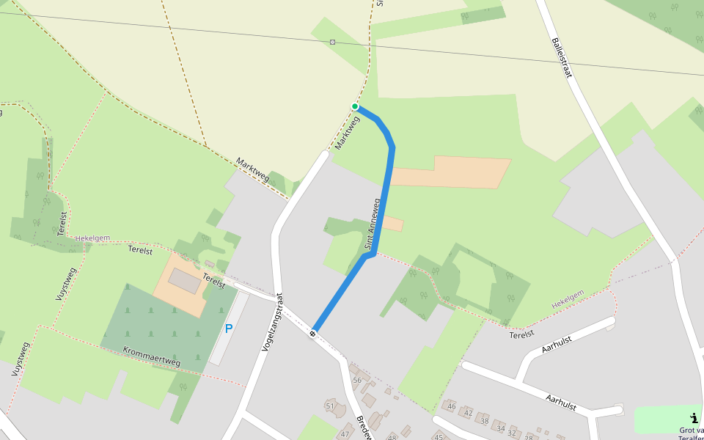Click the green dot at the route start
coord(355,106)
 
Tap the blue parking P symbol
coord(229,329)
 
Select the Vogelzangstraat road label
coord(271,323)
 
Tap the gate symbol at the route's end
coord(313,334)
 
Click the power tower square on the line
coord(333,42)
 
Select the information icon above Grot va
coord(694,417)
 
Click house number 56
coord(357,380)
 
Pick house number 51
coord(330,406)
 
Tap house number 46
coord(452,406)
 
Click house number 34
coord(501,428)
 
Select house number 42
coord(468,412)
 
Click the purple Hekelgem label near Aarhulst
coord(568,298)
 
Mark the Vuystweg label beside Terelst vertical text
coord(65,284)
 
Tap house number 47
coord(345,434)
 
